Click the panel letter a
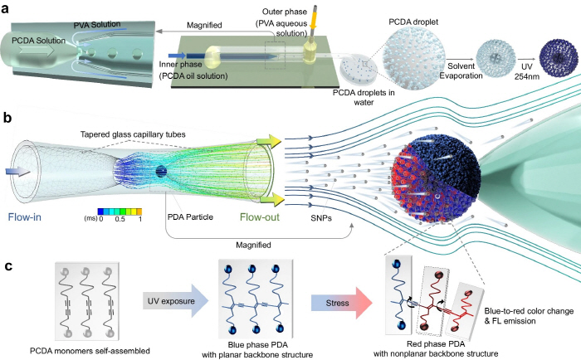click(7, 9)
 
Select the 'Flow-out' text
click(264, 220)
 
